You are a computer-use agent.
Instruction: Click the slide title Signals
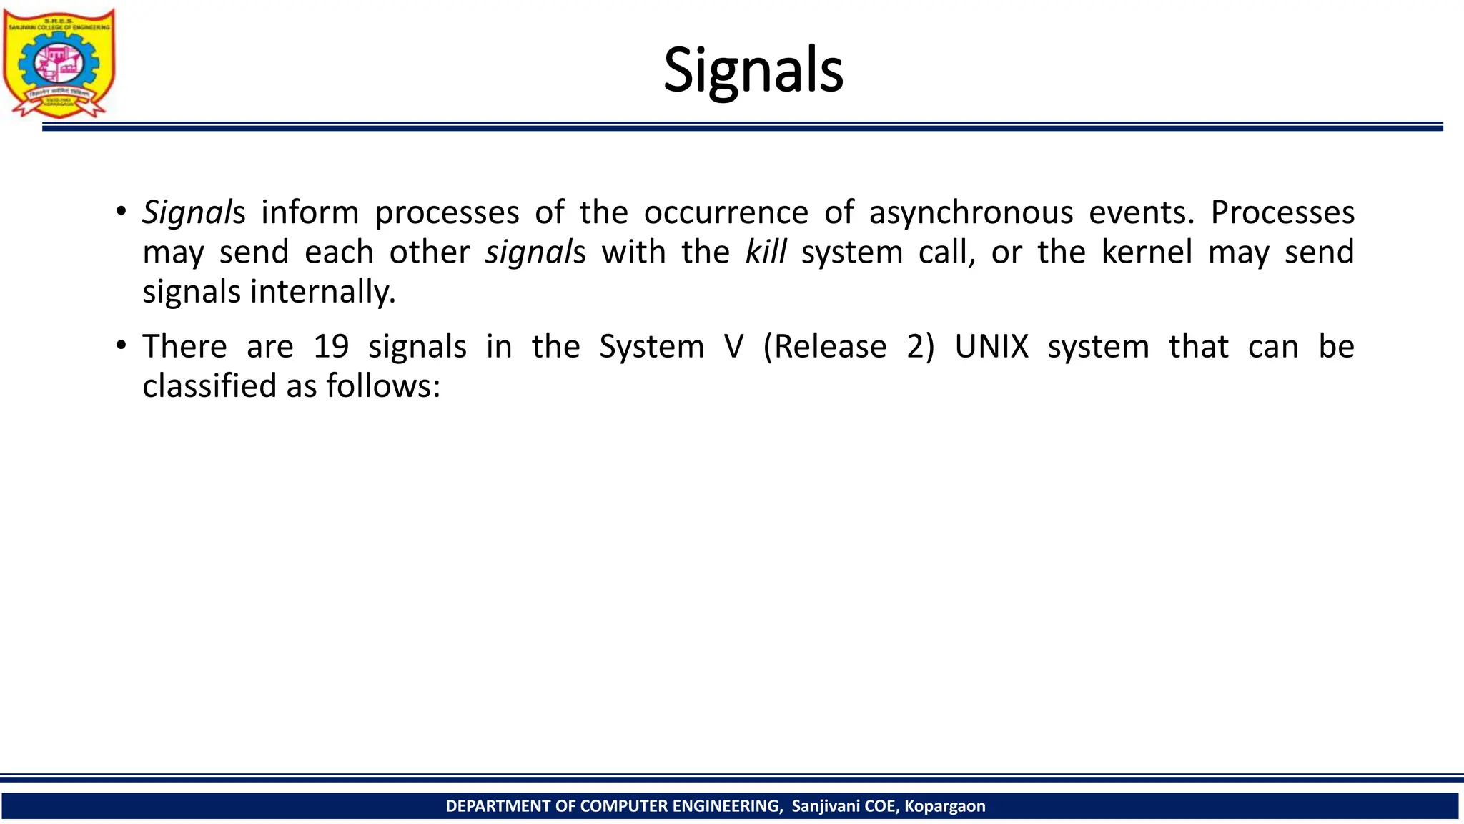pyautogui.click(x=753, y=70)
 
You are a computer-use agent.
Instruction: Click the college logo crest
pyautogui.click(x=59, y=63)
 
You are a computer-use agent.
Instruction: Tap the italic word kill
pyautogui.click(x=766, y=252)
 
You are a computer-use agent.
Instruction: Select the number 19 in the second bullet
pyautogui.click(x=331, y=347)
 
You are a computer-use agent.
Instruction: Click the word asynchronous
pyautogui.click(x=971, y=213)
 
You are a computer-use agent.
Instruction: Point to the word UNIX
pyautogui.click(x=991, y=347)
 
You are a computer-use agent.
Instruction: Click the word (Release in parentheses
pyautogui.click(x=824, y=347)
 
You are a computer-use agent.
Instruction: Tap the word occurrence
pyautogui.click(x=726, y=213)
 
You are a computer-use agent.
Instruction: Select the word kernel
pyautogui.click(x=1147, y=252)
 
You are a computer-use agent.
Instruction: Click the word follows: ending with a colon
pyautogui.click(x=383, y=386)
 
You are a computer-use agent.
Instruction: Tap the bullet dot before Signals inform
pyautogui.click(x=121, y=212)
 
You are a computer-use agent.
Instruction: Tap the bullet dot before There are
pyautogui.click(x=121, y=346)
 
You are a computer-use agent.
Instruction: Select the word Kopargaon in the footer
pyautogui.click(x=944, y=806)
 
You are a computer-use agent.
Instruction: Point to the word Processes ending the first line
pyautogui.click(x=1282, y=213)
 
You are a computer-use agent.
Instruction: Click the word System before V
pyautogui.click(x=651, y=347)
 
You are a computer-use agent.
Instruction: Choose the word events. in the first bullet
pyautogui.click(x=1142, y=213)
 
